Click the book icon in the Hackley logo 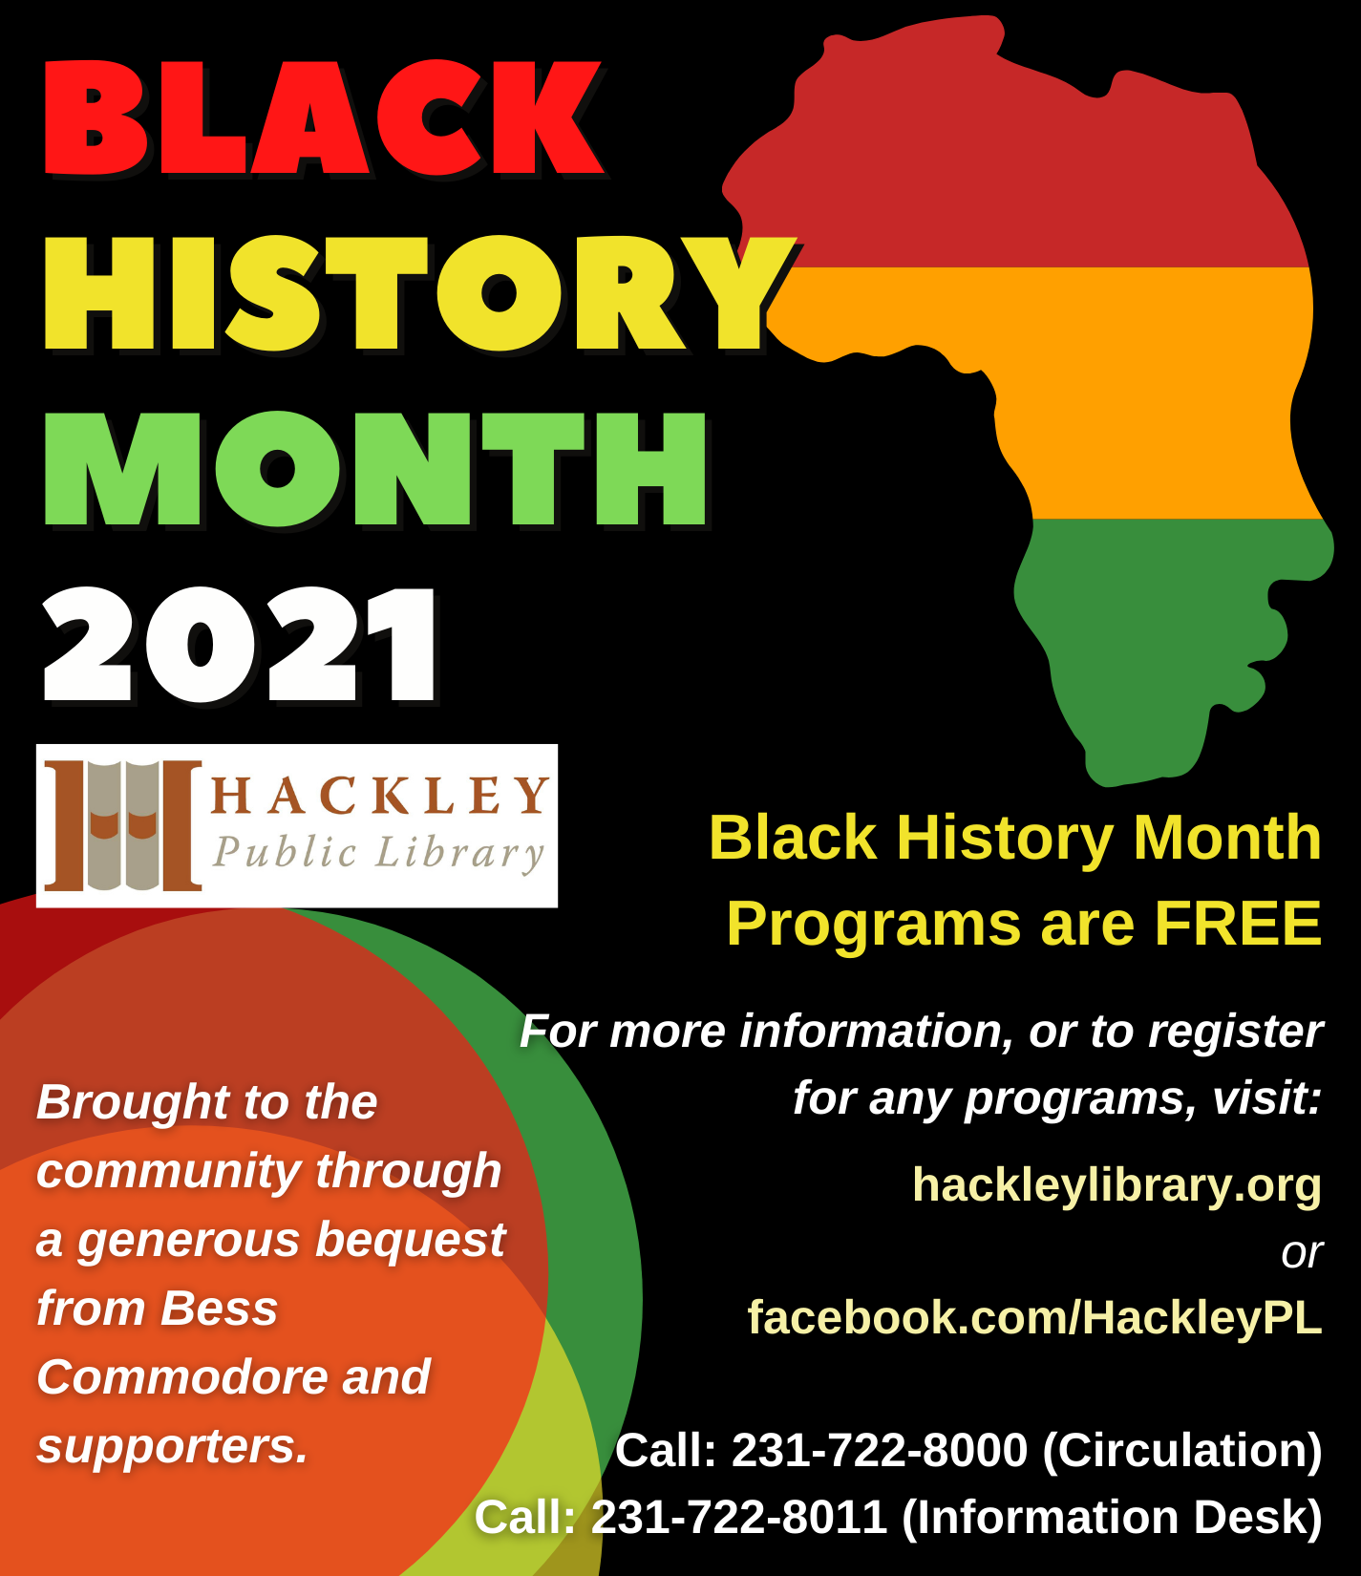(123, 825)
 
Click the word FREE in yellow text (1238, 924)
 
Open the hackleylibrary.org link (1116, 1185)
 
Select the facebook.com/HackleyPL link (1034, 1317)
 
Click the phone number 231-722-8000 (880, 1450)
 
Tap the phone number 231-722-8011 (739, 1517)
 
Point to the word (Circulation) (1182, 1451)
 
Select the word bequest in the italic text (410, 1241)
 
